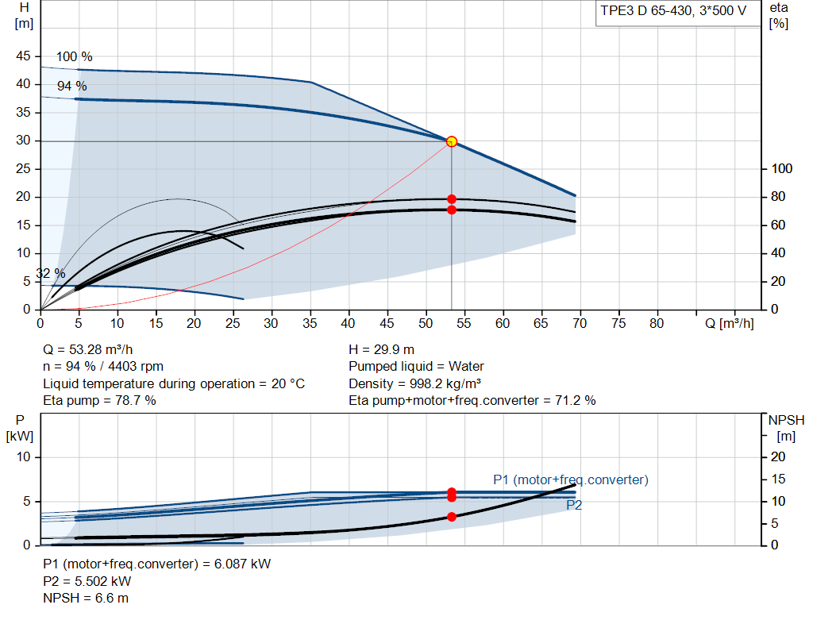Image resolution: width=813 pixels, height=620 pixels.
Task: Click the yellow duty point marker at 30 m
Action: [x=452, y=141]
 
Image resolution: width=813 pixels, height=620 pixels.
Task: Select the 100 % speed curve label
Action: [x=74, y=56]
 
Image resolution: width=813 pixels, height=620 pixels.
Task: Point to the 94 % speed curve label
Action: [x=72, y=86]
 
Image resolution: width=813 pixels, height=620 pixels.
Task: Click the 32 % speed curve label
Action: [x=51, y=273]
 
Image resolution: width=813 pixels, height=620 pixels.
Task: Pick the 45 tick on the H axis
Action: [x=23, y=56]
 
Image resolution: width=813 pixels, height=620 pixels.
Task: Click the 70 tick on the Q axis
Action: [x=580, y=323]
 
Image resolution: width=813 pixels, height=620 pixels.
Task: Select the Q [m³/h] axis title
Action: [x=730, y=323]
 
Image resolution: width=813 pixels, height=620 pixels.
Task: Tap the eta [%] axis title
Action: [x=779, y=16]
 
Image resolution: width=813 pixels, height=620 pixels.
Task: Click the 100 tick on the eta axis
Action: [x=782, y=168]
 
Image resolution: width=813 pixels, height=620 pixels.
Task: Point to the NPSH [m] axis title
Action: [x=786, y=428]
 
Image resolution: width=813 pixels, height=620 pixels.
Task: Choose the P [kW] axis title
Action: [x=20, y=428]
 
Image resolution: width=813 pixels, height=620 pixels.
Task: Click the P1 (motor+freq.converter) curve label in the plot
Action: [x=571, y=479]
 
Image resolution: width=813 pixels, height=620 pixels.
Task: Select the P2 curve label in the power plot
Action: [x=574, y=505]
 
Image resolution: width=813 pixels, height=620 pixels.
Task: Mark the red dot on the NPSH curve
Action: [x=452, y=517]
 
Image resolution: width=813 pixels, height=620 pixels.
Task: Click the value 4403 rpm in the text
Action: [x=136, y=367]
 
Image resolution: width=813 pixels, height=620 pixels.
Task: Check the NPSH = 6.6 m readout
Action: [x=86, y=599]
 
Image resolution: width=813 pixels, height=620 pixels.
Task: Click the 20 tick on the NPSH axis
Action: [x=778, y=456]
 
